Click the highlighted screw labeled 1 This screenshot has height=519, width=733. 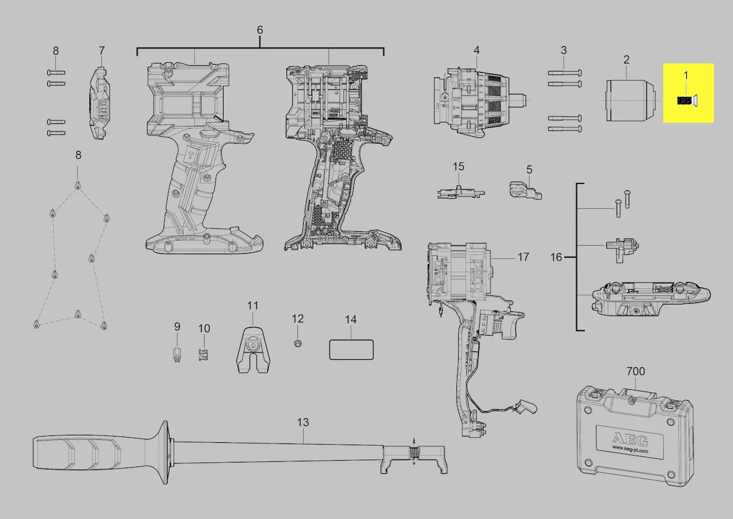coord(686,100)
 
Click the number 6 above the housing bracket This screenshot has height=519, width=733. coord(260,30)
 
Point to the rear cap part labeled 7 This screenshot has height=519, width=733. coord(100,103)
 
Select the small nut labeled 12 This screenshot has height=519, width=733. coord(298,344)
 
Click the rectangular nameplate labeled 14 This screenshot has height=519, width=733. coord(351,349)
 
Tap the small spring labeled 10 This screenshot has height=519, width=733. coord(203,355)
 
